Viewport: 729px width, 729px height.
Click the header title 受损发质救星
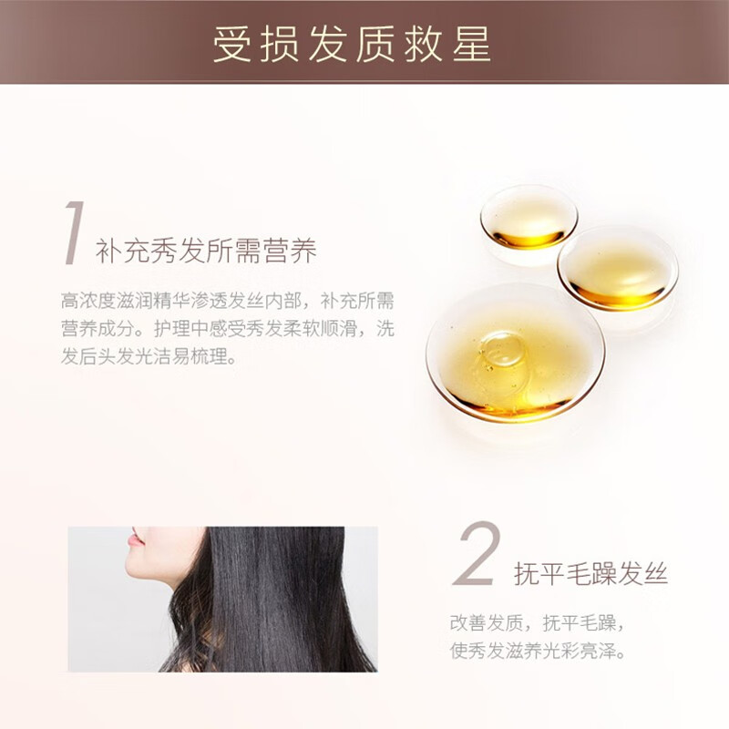click(x=352, y=44)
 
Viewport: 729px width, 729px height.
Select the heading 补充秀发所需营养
click(x=206, y=252)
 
